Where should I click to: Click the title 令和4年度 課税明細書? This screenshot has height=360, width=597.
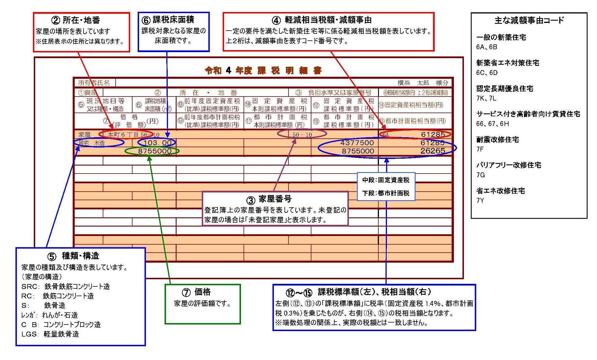[263, 70]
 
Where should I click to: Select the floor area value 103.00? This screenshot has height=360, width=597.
[157, 143]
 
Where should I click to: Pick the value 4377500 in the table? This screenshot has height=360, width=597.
[357, 143]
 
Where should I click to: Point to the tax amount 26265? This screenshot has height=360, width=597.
[432, 151]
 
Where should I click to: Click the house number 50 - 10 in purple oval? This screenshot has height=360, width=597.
[302, 135]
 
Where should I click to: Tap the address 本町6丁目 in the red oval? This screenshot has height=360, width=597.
[123, 135]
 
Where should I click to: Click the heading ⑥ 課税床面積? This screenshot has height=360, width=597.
[168, 20]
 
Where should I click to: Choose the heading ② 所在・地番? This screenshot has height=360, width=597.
[76, 20]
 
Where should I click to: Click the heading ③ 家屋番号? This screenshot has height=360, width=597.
[269, 199]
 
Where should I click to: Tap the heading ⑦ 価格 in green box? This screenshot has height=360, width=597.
[196, 292]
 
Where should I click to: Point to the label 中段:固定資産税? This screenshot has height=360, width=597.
[386, 180]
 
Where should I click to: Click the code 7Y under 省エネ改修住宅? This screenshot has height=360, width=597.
[480, 200]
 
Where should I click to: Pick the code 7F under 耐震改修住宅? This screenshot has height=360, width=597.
[480, 149]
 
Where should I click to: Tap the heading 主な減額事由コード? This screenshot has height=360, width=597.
[529, 20]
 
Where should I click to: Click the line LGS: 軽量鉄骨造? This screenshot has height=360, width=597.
[50, 334]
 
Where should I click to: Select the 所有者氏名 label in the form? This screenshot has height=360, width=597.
[94, 83]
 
